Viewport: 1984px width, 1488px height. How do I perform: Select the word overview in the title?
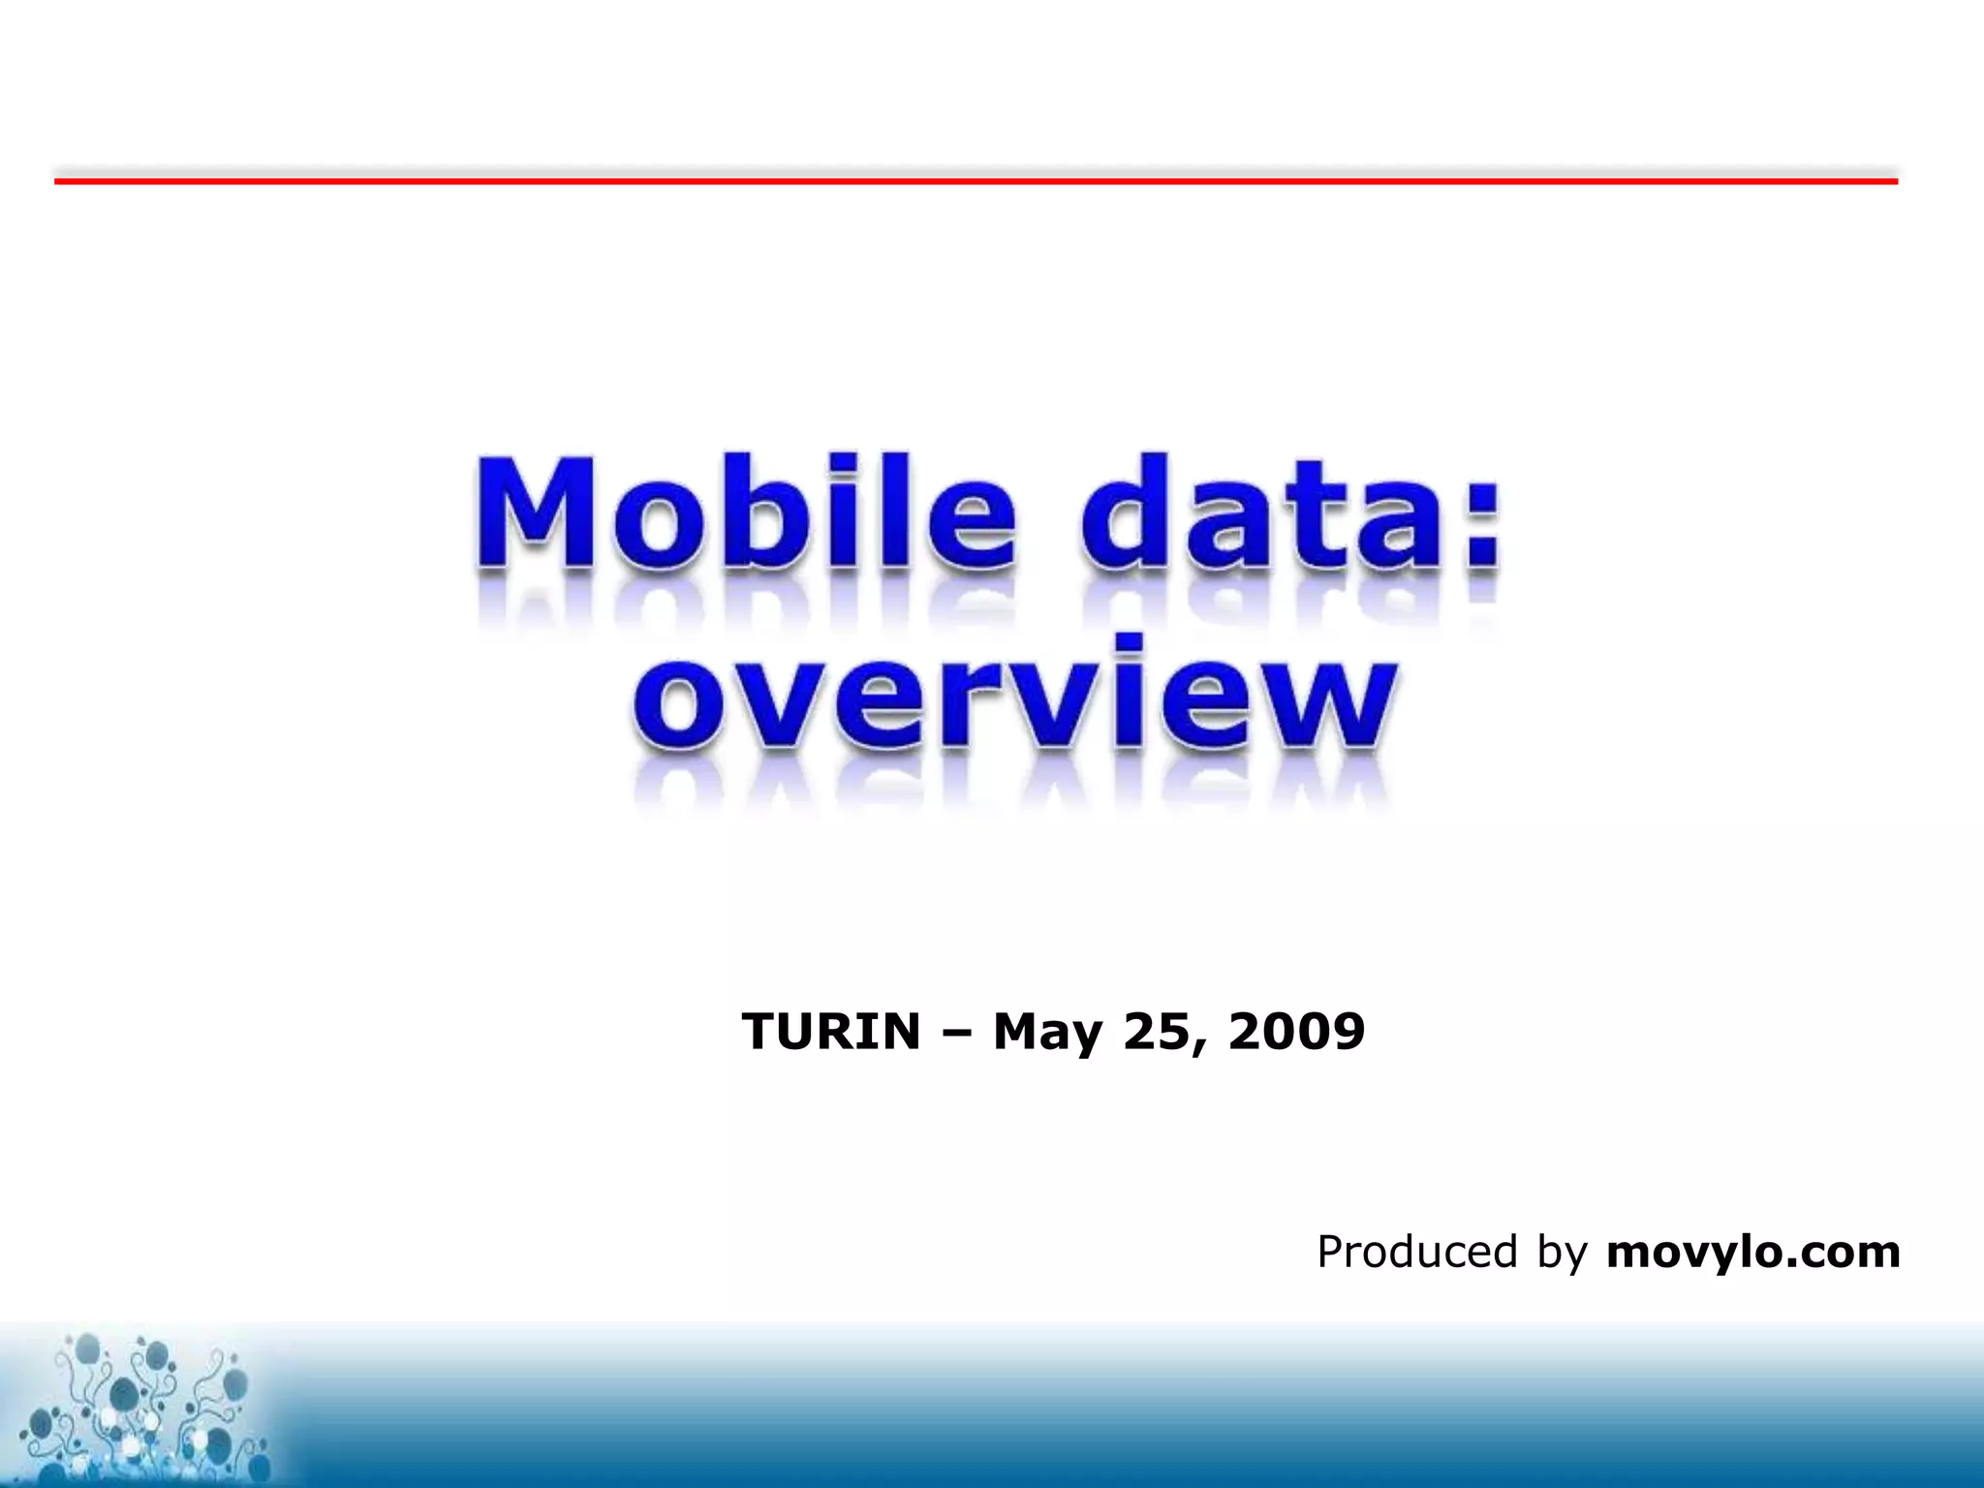tap(1014, 696)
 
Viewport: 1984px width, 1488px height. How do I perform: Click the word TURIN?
tap(830, 1031)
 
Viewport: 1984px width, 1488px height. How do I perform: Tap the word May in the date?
tap(1048, 1033)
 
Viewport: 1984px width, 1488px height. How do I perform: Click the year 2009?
tap(1296, 1031)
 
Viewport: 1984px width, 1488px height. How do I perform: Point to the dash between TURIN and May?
tap(957, 1033)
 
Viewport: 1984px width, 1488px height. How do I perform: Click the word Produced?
tap(1416, 1252)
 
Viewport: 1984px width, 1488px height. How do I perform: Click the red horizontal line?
tap(975, 180)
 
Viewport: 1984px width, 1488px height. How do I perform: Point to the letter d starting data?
tap(1124, 513)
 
